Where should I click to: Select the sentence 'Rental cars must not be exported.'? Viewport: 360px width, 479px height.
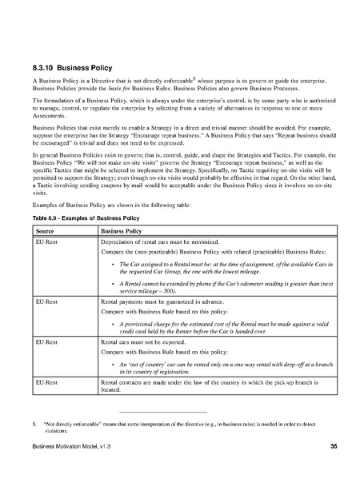(146, 340)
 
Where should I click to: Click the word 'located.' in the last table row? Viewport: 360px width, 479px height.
(110, 392)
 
